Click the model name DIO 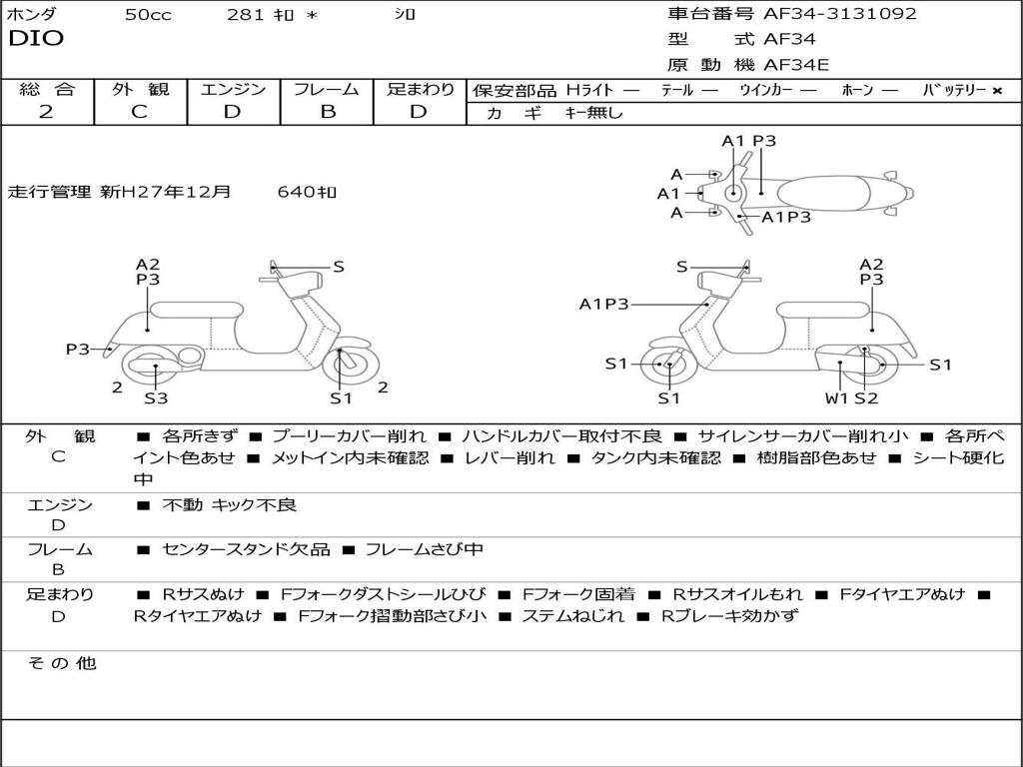(x=36, y=39)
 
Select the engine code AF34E (x=796, y=66)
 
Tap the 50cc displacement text (x=148, y=15)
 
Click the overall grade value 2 (x=46, y=112)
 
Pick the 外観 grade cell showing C (x=139, y=112)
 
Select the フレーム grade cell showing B (x=327, y=112)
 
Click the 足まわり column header (x=421, y=90)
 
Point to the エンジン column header (x=233, y=90)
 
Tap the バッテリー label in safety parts (x=954, y=91)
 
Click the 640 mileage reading (x=307, y=192)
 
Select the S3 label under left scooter (x=156, y=398)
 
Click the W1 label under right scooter (x=836, y=398)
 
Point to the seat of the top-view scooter (x=829, y=193)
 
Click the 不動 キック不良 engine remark (x=229, y=505)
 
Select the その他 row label (x=61, y=663)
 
